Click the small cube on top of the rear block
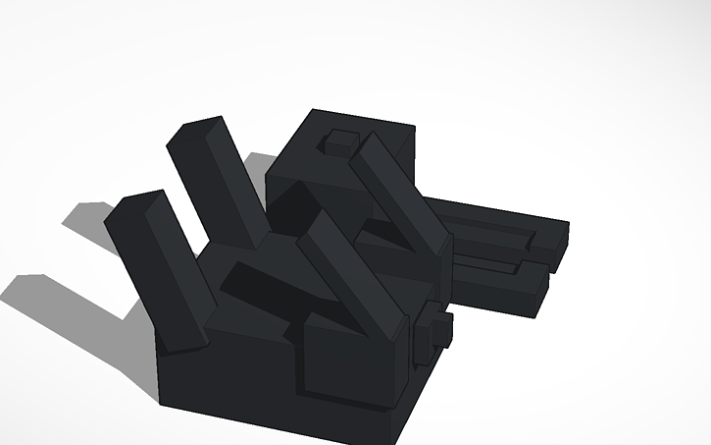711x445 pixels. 341,142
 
